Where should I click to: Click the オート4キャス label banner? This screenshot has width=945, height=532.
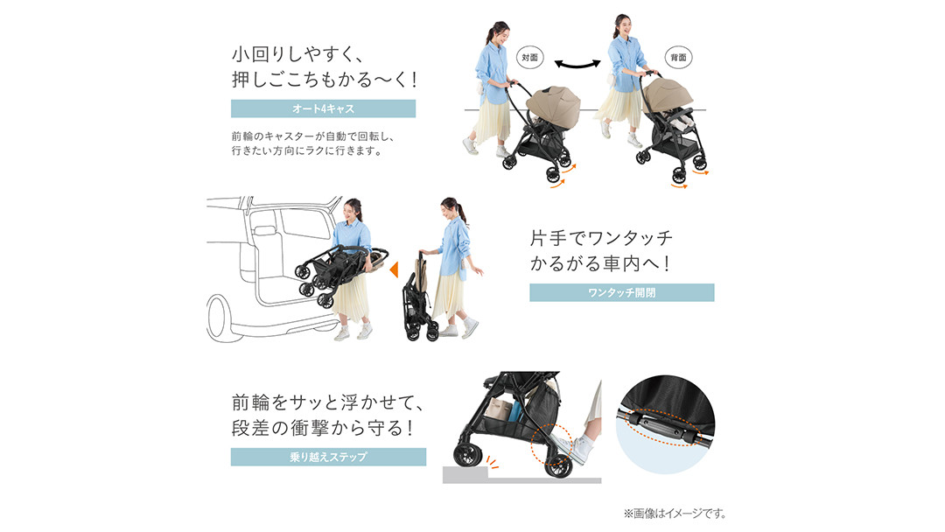[x=323, y=108]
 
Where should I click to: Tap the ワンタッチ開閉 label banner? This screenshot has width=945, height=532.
[x=621, y=293]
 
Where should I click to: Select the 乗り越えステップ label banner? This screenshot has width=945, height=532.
[x=328, y=457]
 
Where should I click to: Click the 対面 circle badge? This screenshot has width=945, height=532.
[x=529, y=57]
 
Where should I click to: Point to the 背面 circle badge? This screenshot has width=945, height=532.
[x=678, y=57]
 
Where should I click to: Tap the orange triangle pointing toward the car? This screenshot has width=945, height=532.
[x=394, y=269]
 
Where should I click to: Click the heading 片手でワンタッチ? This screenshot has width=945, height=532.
[x=601, y=238]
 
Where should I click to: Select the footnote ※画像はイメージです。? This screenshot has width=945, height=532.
[x=675, y=514]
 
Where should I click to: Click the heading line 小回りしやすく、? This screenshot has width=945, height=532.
[x=297, y=54]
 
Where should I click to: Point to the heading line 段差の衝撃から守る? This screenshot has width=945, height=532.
[x=323, y=428]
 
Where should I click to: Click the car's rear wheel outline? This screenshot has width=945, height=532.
[x=218, y=318]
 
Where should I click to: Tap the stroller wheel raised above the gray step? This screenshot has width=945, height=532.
[x=468, y=455]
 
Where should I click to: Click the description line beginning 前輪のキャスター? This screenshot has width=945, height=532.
[x=312, y=136]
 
